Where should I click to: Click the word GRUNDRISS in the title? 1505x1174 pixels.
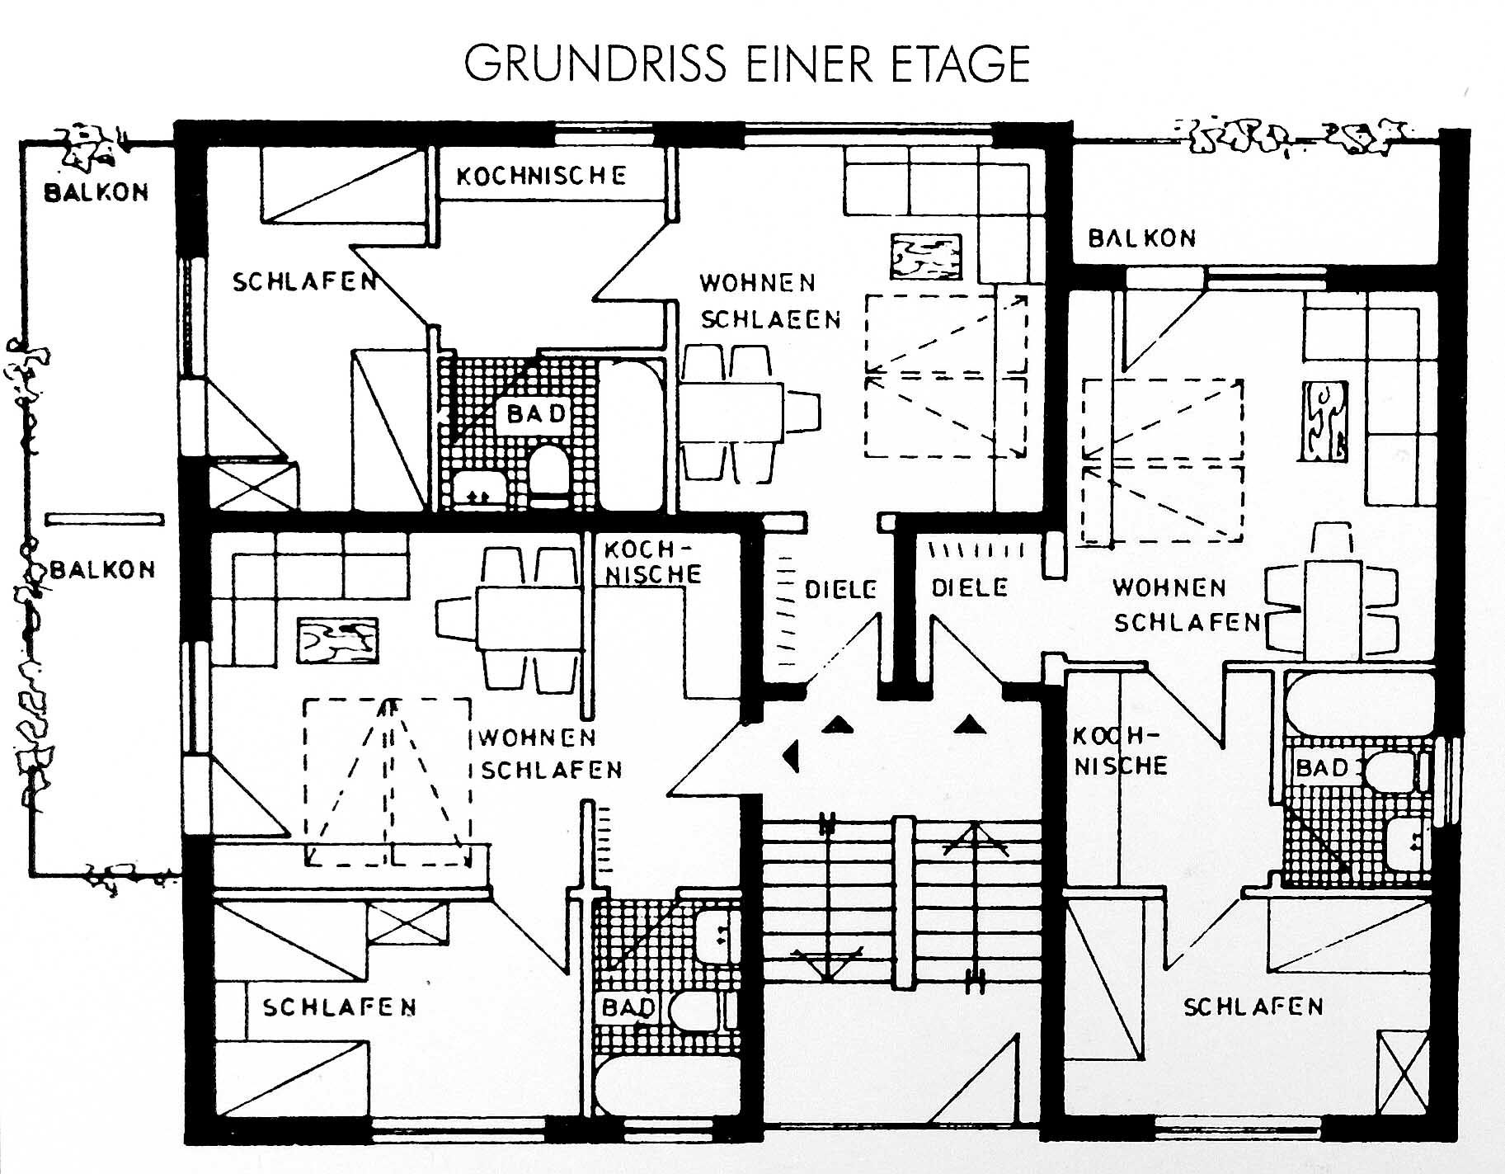595,64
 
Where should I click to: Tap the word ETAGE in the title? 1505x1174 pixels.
961,64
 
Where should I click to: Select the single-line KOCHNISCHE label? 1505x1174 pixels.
541,175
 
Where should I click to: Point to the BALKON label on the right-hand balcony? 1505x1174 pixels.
1141,238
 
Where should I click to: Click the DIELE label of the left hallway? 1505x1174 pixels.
840,589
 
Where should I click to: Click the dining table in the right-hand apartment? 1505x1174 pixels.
1332,608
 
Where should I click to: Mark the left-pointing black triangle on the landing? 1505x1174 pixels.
792,754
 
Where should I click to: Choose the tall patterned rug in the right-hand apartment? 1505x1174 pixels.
1324,421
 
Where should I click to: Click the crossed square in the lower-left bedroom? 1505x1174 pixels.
407,922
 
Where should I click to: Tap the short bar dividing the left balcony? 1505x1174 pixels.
104,519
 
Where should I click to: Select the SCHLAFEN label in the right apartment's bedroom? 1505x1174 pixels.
1253,1007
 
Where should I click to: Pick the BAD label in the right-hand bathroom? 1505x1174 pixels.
1321,768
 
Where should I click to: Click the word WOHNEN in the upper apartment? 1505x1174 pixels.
757,283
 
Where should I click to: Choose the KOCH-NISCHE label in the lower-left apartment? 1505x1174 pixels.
651,562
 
